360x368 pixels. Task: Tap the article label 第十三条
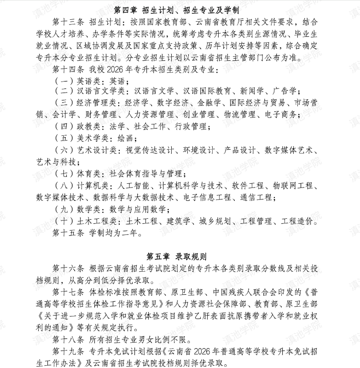[x=68, y=22]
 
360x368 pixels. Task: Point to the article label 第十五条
[x=68, y=233]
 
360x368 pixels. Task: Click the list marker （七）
[x=62, y=174]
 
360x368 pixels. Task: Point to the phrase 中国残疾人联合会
[x=243, y=292]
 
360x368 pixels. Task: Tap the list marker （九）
[x=62, y=210]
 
